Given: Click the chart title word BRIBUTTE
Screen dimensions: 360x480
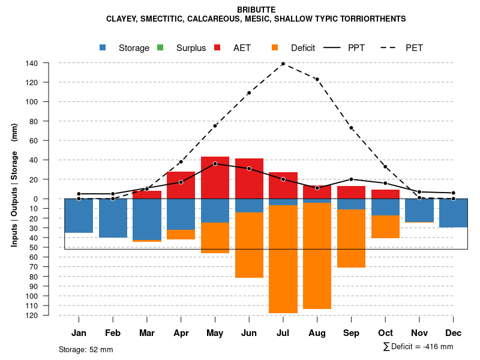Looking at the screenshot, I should [256, 10].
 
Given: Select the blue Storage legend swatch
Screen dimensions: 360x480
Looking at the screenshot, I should [103, 47].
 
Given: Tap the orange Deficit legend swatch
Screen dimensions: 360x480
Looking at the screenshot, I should [275, 47].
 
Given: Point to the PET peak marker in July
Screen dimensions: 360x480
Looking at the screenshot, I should [283, 63].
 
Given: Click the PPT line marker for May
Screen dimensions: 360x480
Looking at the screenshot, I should [215, 164].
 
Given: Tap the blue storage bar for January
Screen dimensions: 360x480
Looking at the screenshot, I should [79, 215].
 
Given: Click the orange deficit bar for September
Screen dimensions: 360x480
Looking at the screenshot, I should [351, 238].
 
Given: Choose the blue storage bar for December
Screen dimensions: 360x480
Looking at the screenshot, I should [453, 213].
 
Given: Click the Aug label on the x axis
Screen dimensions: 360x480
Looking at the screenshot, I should [317, 333].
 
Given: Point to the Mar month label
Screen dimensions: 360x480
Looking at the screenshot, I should [146, 333].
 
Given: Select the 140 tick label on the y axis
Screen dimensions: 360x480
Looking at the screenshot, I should [32, 63].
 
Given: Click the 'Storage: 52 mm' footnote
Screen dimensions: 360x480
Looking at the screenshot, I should [86, 349].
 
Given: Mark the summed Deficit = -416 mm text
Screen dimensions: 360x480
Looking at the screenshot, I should [418, 347].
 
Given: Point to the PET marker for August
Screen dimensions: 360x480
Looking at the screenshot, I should [317, 79].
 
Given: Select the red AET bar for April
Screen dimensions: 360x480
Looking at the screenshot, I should [181, 185].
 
